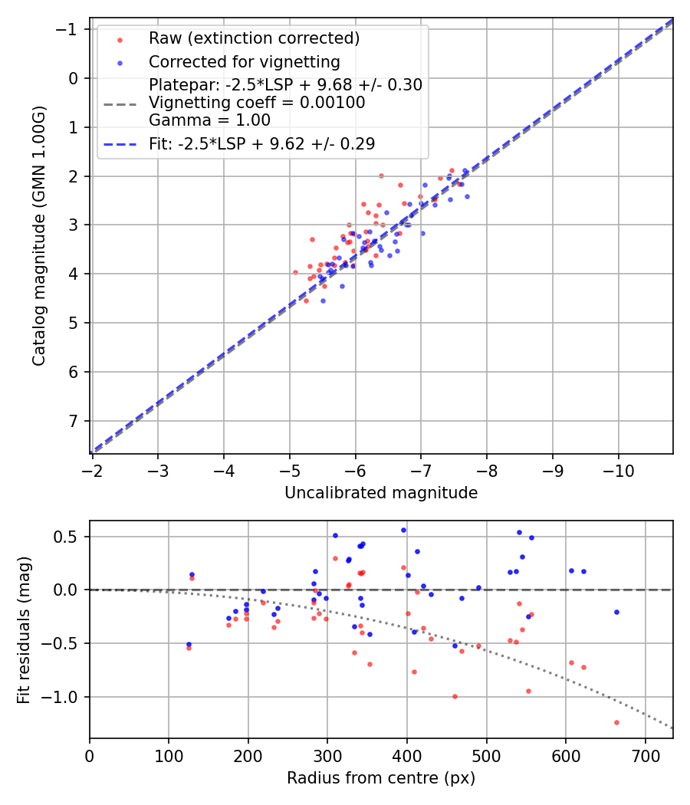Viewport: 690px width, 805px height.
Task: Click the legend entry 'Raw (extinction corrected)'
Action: [x=254, y=38]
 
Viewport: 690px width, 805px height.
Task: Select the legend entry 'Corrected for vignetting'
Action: [x=244, y=61]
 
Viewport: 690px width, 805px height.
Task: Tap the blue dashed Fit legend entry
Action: [x=261, y=143]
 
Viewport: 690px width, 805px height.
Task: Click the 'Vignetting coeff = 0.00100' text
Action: [x=257, y=102]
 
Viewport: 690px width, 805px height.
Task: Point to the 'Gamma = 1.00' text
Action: [x=209, y=120]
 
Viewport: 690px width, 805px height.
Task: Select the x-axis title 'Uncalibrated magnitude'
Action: [x=381, y=493]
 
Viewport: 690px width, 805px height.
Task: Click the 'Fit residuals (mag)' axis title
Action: [x=23, y=629]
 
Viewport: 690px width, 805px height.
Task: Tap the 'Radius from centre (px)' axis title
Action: [x=381, y=778]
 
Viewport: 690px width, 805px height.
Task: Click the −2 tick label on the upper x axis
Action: [x=92, y=470]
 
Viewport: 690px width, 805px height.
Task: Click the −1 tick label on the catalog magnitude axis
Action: [x=71, y=29]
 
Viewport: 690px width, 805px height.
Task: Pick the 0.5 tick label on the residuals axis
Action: [x=69, y=537]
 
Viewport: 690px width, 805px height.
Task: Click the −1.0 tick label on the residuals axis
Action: [x=64, y=697]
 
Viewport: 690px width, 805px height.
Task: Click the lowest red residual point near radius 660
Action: [x=616, y=722]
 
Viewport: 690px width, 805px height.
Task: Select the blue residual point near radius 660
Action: [x=616, y=612]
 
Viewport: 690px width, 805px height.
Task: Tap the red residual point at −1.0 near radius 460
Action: [x=455, y=696]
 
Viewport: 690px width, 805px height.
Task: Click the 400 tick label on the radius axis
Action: [x=406, y=756]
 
